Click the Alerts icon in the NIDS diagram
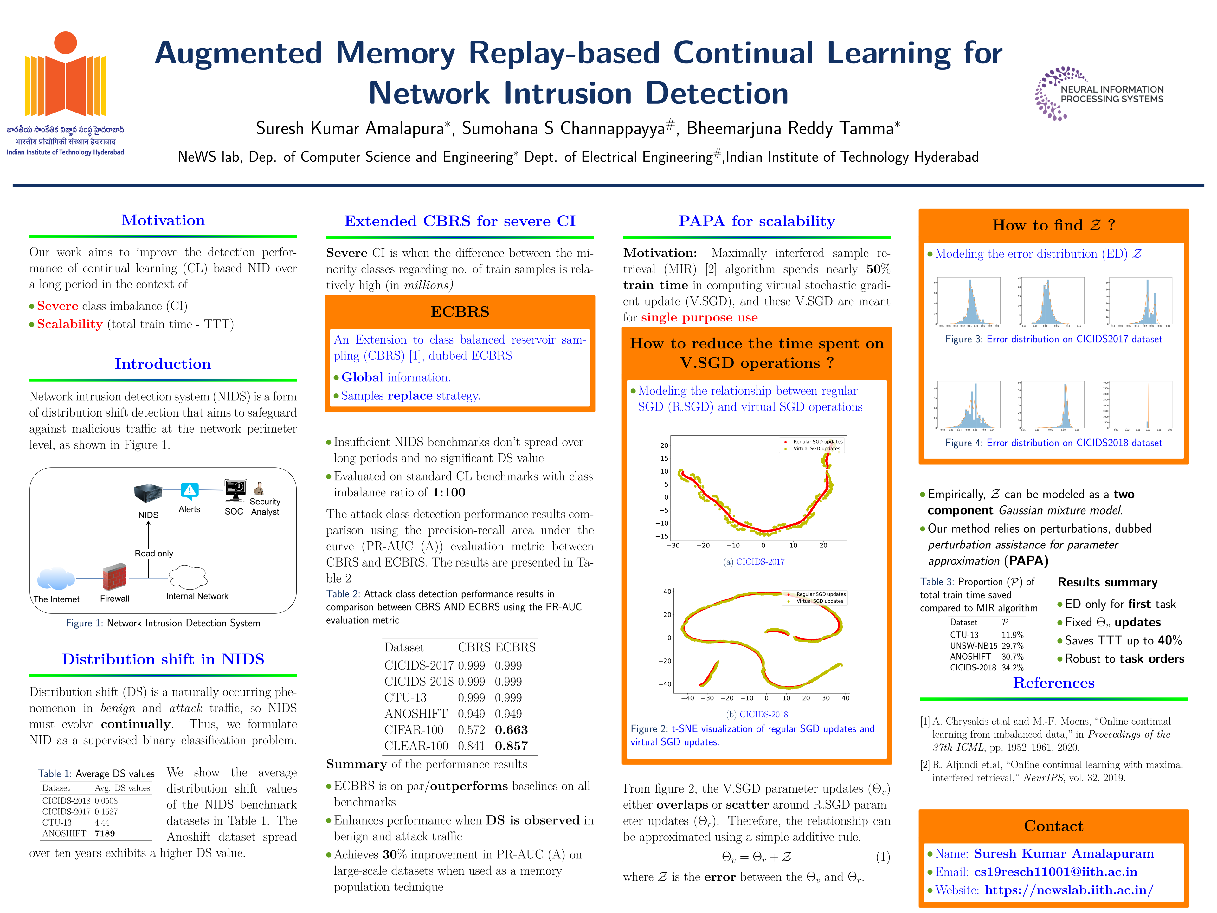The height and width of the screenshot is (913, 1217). tap(189, 490)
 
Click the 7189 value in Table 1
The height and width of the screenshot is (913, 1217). tap(105, 833)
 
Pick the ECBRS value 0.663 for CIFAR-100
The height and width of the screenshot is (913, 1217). tap(511, 730)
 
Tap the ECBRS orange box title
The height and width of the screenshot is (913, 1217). tap(460, 312)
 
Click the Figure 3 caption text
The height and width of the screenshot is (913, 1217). tap(1053, 339)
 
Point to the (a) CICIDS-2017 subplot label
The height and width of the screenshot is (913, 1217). tap(754, 561)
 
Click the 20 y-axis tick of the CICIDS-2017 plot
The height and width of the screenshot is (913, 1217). tap(664, 445)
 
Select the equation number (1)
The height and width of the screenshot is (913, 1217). tap(883, 857)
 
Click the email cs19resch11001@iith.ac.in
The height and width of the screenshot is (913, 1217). tap(1055, 872)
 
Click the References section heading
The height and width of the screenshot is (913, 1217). tap(1053, 683)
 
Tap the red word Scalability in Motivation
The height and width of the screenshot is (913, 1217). tap(70, 324)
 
